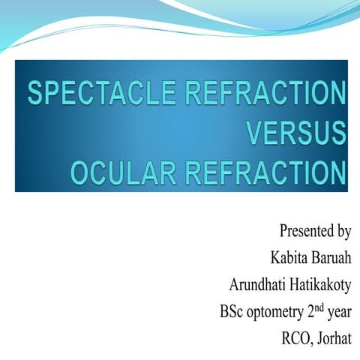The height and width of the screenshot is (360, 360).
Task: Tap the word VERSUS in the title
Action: [296, 136]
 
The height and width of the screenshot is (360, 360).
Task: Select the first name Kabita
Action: [288, 257]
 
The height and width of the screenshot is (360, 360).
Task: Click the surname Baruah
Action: [331, 257]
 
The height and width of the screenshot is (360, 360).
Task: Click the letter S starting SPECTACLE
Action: [35, 95]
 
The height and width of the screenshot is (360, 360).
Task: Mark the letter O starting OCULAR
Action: [79, 175]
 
